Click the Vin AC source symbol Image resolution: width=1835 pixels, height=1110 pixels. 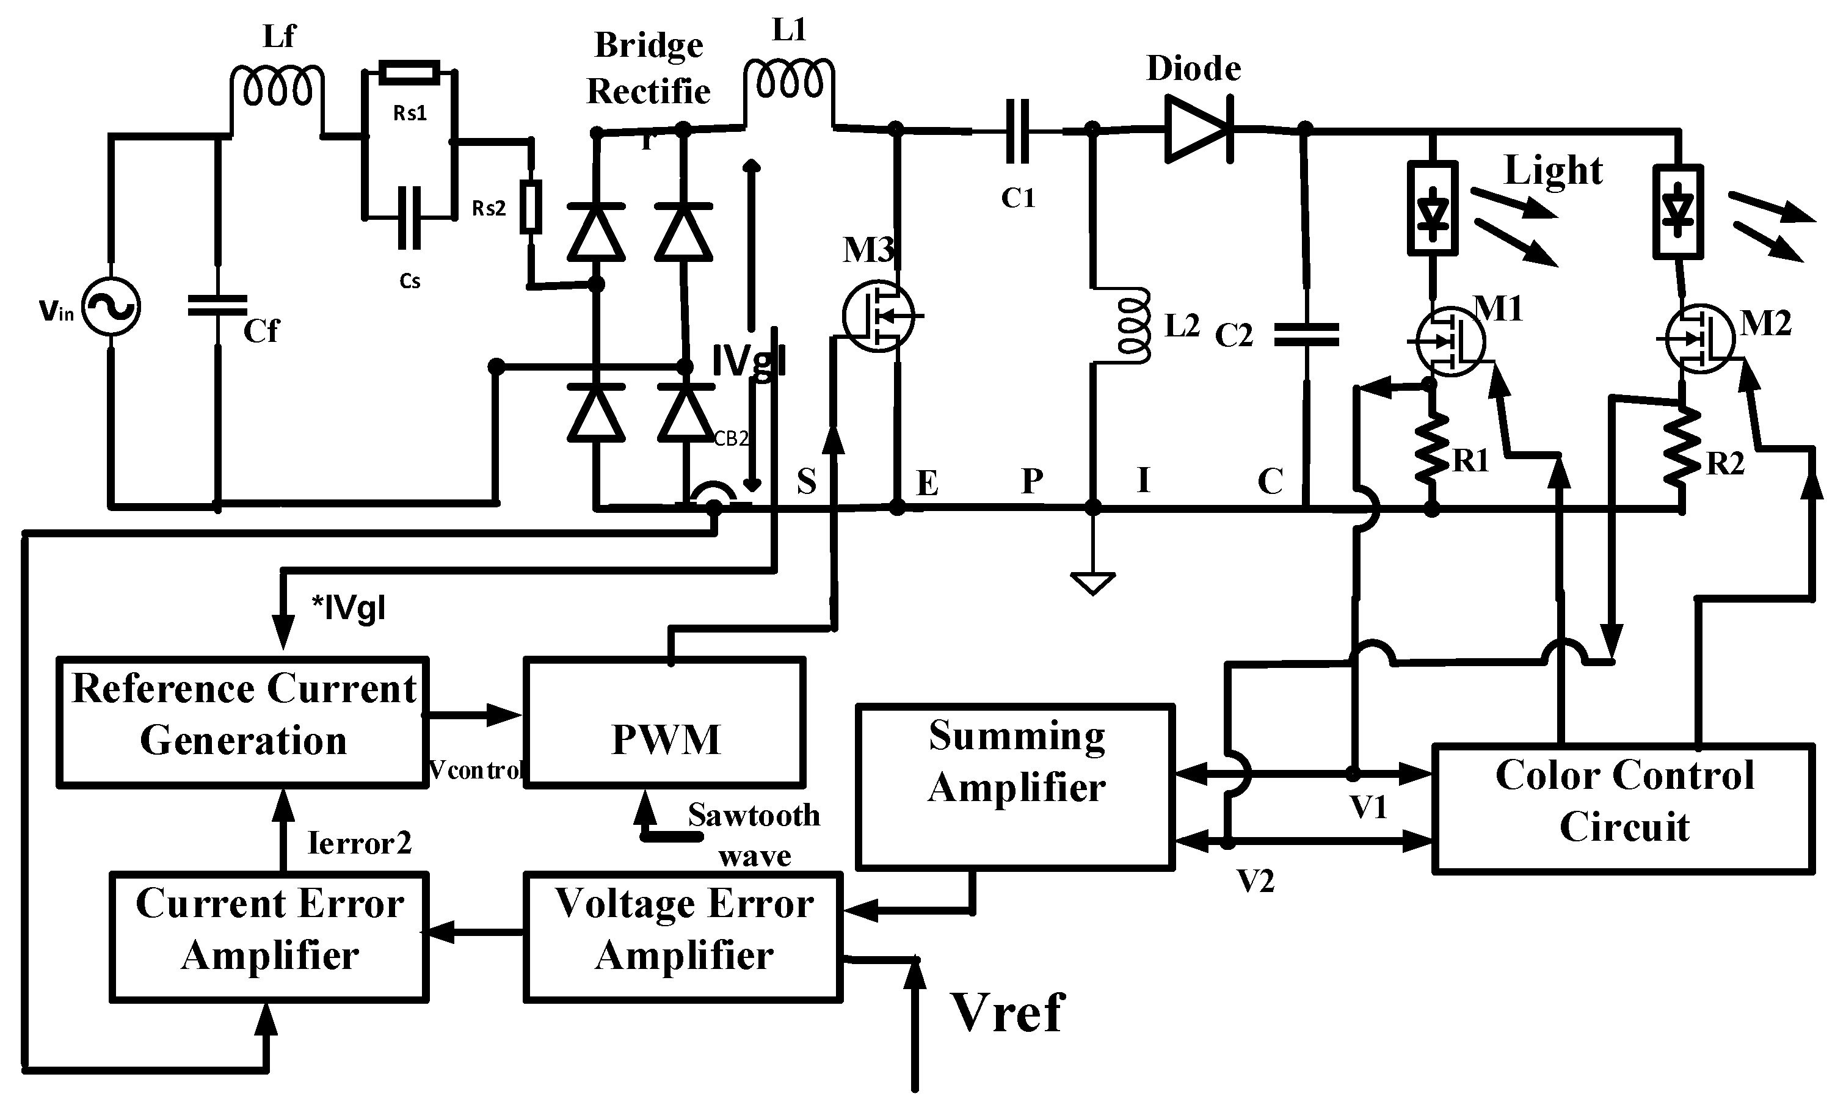(111, 307)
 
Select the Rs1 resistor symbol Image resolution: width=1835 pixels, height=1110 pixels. (409, 73)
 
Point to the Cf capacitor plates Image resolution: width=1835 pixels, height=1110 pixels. (217, 305)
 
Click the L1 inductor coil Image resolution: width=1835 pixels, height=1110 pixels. (790, 81)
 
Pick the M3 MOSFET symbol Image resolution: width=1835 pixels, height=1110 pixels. (879, 316)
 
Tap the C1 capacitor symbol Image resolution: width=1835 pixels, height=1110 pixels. (1017, 132)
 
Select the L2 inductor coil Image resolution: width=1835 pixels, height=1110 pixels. (1132, 326)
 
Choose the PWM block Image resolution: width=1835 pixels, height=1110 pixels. (664, 722)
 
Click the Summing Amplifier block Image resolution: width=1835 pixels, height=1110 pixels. (1015, 786)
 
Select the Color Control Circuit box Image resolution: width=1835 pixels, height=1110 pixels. (1624, 807)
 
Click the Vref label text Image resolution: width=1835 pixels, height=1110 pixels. (1008, 1012)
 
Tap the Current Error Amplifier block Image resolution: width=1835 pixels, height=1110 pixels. (269, 937)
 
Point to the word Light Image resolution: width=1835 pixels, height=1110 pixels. (1553, 170)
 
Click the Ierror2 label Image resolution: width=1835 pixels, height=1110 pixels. (359, 843)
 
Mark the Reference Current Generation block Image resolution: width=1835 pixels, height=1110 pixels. (243, 720)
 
